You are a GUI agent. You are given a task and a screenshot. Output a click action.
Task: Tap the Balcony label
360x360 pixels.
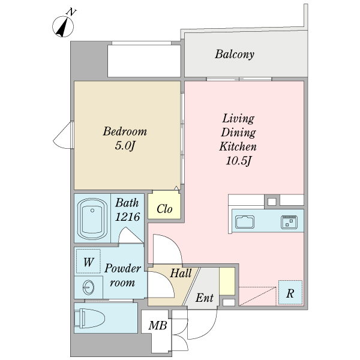[235, 55]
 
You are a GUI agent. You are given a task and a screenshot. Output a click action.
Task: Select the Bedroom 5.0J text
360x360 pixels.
[125, 138]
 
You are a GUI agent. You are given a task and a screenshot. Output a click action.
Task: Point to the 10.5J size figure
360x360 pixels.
[239, 160]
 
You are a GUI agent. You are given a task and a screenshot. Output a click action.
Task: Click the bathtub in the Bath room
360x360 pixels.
[92, 219]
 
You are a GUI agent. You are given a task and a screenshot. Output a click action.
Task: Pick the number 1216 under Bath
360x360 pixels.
[127, 217]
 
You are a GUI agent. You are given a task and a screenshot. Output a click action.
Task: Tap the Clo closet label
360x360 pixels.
[164, 209]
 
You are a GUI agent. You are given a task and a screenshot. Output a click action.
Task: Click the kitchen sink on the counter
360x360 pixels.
[245, 222]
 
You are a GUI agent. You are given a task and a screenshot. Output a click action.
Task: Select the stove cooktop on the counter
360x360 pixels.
[289, 222]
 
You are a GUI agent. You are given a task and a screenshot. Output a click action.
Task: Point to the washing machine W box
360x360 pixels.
[88, 261]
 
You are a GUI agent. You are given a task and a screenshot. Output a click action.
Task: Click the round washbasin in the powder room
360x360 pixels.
[89, 287]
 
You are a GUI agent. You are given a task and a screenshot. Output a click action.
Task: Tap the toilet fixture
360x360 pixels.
[89, 319]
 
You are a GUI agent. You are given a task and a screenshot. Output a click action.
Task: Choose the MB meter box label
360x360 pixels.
[158, 325]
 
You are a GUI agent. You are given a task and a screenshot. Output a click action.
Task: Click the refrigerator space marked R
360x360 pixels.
[290, 293]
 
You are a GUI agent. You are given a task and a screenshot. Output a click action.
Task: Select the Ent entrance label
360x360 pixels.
[205, 298]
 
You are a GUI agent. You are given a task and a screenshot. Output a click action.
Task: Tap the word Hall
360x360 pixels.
[181, 273]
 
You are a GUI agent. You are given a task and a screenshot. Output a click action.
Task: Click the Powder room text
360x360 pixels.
[122, 275]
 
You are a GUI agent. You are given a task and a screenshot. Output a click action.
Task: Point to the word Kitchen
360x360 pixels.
[238, 146]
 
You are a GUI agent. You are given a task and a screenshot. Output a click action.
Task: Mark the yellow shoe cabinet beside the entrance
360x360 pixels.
[227, 281]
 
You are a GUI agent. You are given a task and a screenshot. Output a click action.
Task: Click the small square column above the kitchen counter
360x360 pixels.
[272, 202]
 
